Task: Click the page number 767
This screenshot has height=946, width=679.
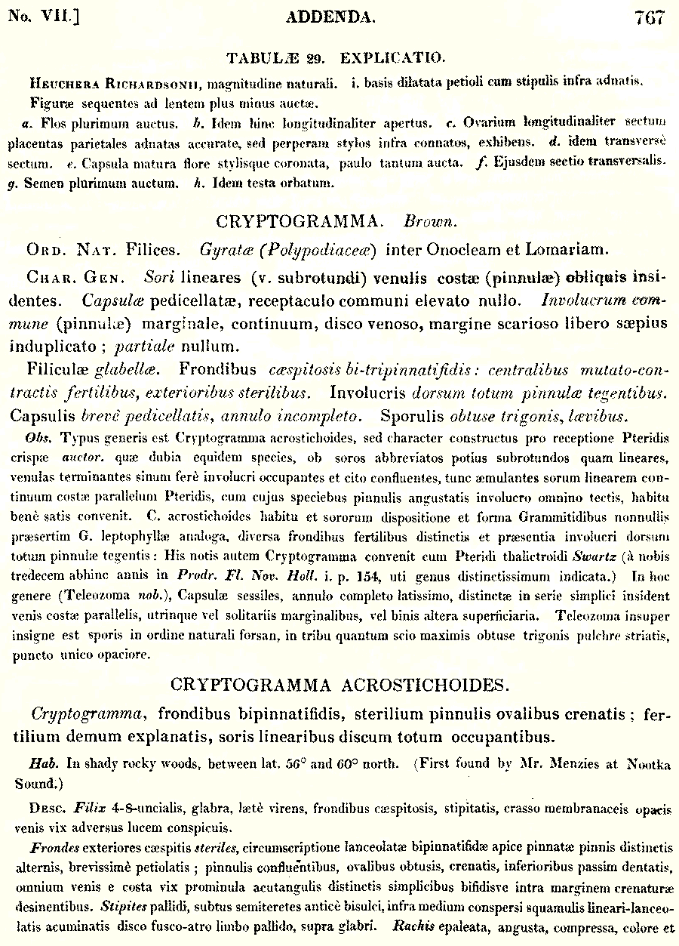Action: [x=650, y=18]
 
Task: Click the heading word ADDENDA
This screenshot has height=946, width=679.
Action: [x=330, y=18]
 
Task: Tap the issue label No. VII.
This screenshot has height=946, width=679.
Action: [x=43, y=17]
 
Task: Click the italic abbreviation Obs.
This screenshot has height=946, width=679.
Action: [x=38, y=437]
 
